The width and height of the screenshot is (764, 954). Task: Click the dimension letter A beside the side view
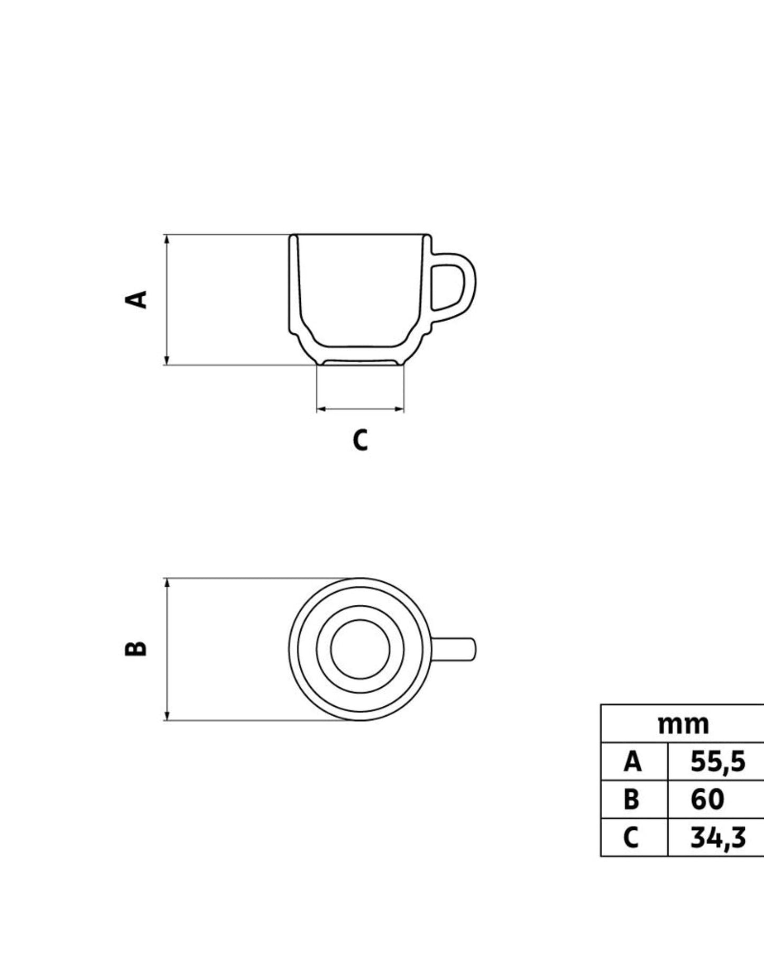click(x=136, y=299)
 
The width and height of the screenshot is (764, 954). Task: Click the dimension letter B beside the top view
click(x=136, y=649)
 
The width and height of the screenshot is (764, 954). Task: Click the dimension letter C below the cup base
click(x=360, y=440)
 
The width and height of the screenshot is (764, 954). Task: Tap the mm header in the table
click(x=683, y=724)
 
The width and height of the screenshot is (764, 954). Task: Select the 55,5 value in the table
click(x=717, y=762)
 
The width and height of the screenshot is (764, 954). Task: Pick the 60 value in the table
click(x=707, y=799)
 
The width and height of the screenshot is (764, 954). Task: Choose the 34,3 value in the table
click(x=717, y=837)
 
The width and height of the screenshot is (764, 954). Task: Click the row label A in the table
click(x=632, y=762)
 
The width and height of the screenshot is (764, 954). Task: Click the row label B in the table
click(x=631, y=799)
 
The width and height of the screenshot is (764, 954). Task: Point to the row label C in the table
click(x=631, y=837)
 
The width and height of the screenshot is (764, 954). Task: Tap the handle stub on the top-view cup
click(x=454, y=649)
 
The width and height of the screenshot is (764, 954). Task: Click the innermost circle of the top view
click(x=360, y=649)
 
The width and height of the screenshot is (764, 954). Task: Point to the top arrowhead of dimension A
click(x=167, y=238)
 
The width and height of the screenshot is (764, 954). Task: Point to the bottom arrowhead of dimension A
click(x=167, y=361)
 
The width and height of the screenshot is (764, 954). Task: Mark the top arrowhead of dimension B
click(x=167, y=583)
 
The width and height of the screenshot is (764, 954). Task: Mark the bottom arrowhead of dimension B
click(x=167, y=716)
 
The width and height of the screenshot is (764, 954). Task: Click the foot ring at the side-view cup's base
click(x=360, y=362)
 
